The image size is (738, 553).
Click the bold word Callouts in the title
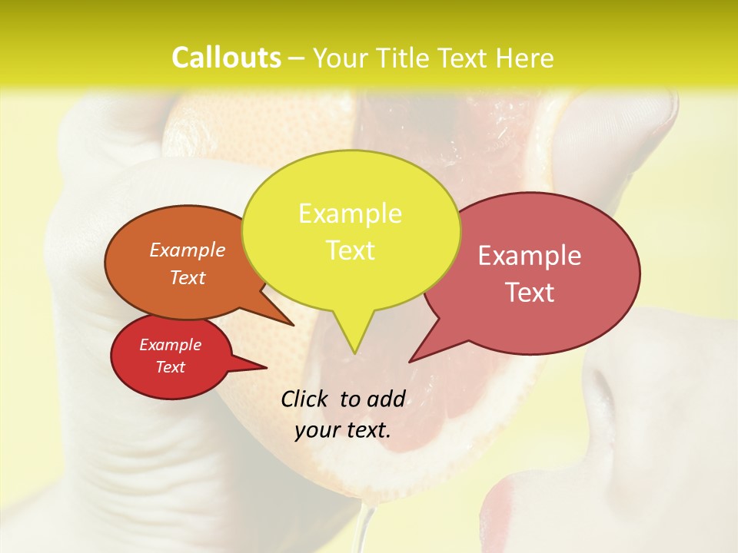(226, 58)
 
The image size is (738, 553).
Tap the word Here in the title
(525, 58)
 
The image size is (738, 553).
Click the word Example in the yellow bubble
(350, 214)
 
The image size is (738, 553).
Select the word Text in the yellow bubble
(351, 250)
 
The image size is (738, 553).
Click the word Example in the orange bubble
(188, 250)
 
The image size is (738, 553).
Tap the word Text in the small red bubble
(171, 367)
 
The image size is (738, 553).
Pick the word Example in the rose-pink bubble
(530, 256)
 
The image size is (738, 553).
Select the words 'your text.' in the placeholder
(343, 430)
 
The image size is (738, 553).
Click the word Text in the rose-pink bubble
(530, 293)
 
